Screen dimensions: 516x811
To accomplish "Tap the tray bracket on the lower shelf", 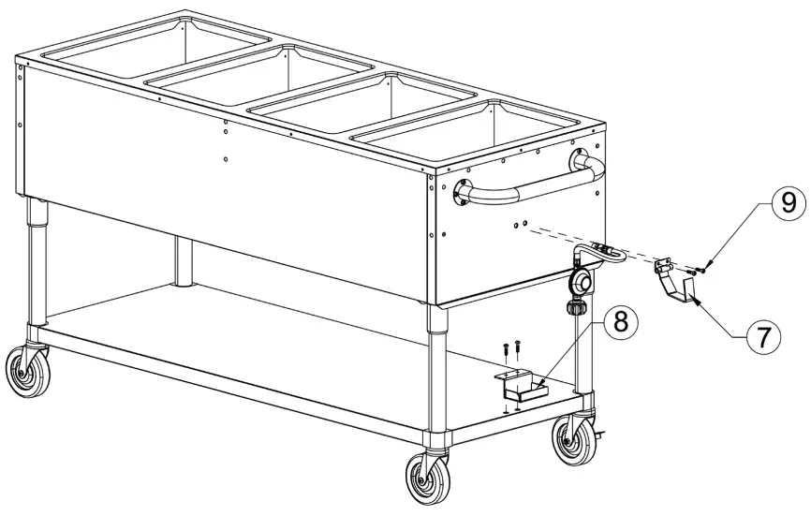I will point(521,384).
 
